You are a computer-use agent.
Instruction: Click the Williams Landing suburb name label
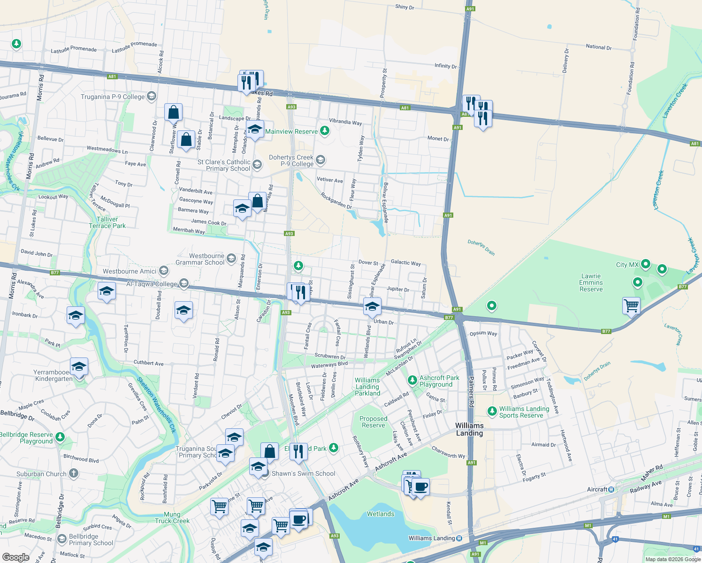point(469,429)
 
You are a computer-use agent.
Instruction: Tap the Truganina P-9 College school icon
point(151,97)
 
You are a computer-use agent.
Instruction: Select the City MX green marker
point(646,264)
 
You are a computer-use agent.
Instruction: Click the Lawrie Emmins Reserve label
point(591,283)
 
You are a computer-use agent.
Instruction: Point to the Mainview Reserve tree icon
point(324,131)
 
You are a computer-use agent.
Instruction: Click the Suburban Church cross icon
point(74,473)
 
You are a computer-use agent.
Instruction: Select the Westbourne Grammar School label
point(200,259)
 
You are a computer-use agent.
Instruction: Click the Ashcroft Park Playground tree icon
point(412,380)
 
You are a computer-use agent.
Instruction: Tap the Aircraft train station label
point(597,489)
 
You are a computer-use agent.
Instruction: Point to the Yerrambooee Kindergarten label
point(53,375)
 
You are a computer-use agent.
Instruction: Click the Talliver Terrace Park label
point(107,222)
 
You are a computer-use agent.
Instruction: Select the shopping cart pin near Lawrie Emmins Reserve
point(631,306)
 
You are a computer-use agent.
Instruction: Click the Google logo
point(15,557)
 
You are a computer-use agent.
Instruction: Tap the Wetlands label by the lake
point(381,514)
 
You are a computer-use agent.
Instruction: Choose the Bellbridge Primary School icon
point(62,539)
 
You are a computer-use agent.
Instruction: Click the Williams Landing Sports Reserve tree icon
point(492,411)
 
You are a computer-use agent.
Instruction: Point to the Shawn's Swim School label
point(303,473)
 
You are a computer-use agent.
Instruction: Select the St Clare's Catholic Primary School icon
point(257,164)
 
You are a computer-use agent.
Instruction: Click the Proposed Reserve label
point(374,422)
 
